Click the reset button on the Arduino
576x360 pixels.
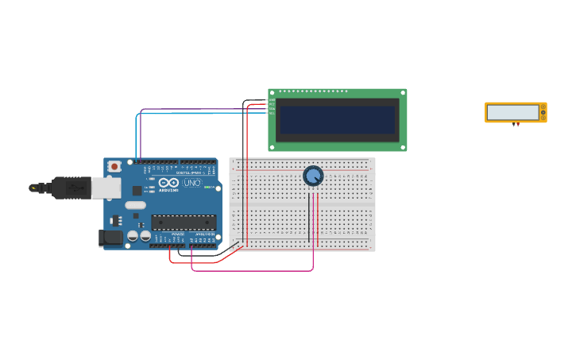tap(114, 166)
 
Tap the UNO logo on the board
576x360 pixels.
tap(193, 183)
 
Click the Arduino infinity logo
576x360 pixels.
tap(168, 182)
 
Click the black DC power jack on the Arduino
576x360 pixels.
tap(110, 237)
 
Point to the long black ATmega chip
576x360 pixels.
tap(183, 223)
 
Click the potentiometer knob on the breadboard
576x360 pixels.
tap(313, 176)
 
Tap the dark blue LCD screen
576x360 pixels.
tap(337, 120)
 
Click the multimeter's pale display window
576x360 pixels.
tap(512, 112)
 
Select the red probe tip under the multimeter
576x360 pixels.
tap(518, 125)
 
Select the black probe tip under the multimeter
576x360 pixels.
tap(513, 125)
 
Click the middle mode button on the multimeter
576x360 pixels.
tap(543, 112)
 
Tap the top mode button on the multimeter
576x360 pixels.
tap(543, 106)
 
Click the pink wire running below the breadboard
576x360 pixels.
tap(254, 270)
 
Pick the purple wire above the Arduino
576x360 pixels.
tap(199, 109)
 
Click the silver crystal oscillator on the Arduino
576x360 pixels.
tap(135, 205)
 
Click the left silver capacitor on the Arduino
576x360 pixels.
tap(133, 235)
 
